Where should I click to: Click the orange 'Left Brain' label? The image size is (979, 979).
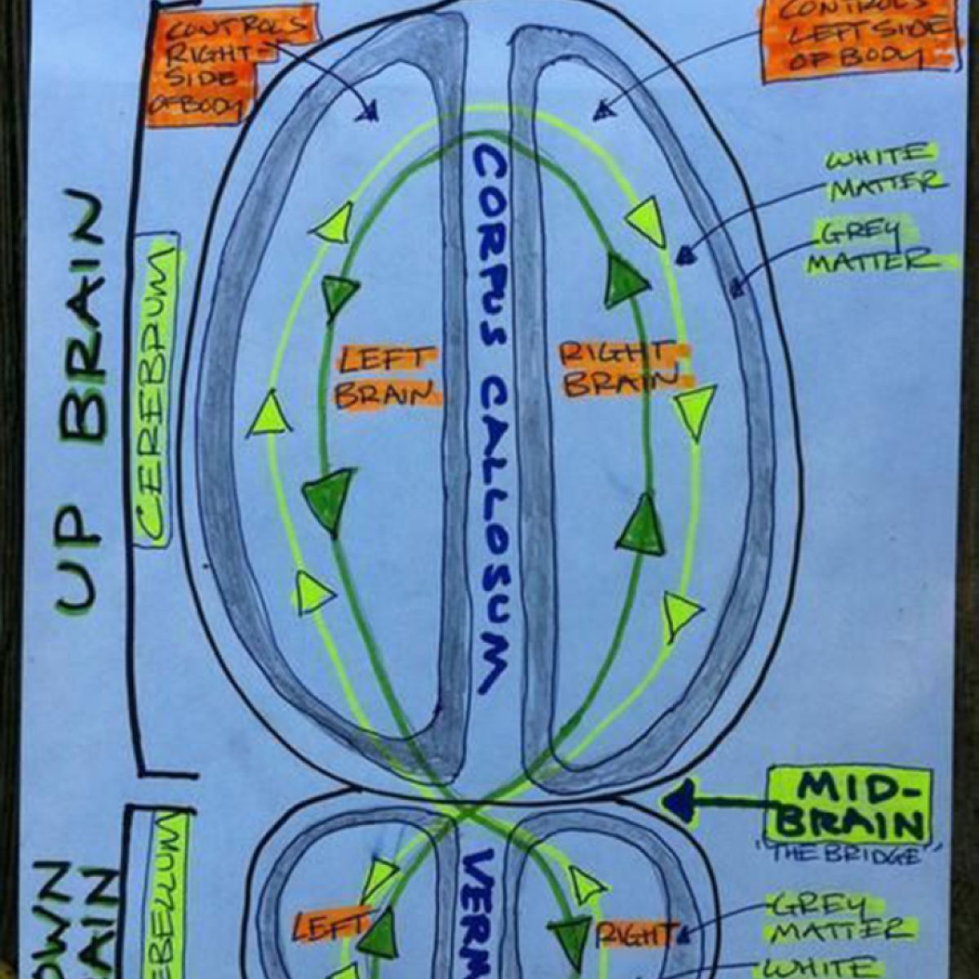coord(387,377)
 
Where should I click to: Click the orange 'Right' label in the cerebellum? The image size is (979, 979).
coord(637,933)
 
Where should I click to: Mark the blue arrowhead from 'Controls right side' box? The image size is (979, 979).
coord(372,112)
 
